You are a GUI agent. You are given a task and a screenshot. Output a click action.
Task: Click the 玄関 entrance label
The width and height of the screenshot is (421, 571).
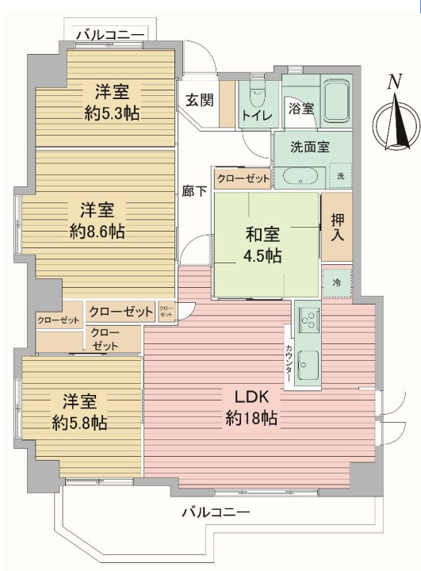coord(200,100)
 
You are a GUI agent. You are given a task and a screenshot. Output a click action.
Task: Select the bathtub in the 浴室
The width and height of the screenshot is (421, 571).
coord(336,102)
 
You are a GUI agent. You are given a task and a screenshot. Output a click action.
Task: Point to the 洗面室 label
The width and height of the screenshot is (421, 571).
coord(309,147)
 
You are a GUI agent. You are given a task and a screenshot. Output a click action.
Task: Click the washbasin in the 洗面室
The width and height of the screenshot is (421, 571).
coord(300,177)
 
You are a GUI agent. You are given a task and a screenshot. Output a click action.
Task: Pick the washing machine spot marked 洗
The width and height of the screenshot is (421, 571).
coord(340,176)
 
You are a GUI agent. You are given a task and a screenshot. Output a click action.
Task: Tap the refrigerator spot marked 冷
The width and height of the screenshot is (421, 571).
coord(337,282)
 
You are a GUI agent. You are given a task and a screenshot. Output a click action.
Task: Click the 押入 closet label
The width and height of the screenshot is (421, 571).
coord(337,227)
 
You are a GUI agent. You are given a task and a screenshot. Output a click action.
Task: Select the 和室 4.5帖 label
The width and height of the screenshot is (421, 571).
coord(262,245)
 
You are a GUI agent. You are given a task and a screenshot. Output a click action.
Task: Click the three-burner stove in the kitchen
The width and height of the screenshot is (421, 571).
coord(308,318)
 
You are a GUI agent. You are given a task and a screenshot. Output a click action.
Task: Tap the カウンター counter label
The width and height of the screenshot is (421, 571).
coord(289,363)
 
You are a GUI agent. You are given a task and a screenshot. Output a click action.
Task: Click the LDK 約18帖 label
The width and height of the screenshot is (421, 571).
coord(251,408)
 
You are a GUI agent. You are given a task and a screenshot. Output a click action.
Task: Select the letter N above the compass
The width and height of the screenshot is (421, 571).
coord(394,82)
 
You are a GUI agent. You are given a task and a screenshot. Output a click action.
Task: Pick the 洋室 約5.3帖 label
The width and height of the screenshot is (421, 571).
coord(112,102)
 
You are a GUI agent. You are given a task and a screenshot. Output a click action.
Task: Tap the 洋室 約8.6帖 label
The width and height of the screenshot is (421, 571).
coord(98,220)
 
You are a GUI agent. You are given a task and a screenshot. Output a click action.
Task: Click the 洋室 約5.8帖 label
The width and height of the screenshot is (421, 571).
coord(79,412)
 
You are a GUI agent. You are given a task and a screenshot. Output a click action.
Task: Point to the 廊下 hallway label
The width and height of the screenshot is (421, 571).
coord(194,191)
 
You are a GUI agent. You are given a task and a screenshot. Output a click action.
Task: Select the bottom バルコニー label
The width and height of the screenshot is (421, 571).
coord(216,512)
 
